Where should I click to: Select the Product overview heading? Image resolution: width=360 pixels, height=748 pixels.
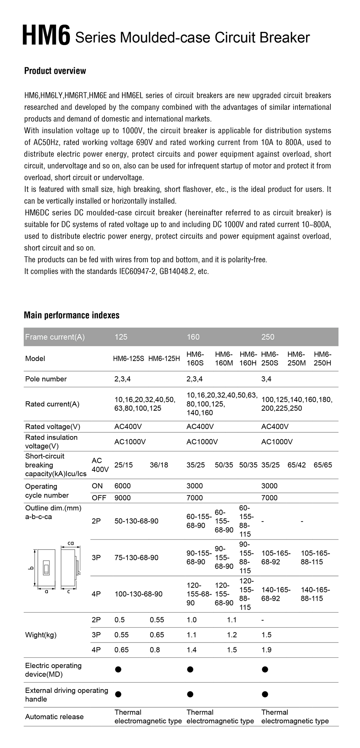point(55,71)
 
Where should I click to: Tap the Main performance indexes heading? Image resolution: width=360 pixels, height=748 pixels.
point(72,315)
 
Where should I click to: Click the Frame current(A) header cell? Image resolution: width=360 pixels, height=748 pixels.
point(55,337)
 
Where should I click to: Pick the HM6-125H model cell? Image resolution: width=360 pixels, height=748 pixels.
point(164,359)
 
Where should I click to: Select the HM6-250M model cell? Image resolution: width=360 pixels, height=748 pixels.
point(296,359)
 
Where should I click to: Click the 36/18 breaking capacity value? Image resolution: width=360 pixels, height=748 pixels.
point(159,465)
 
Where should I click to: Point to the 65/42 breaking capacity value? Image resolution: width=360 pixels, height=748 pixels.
point(296,465)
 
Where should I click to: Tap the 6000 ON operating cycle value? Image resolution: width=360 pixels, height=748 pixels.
point(122,486)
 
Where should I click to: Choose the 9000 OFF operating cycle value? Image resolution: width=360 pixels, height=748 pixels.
point(122,498)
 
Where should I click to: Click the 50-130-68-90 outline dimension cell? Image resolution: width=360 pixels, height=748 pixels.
point(136,521)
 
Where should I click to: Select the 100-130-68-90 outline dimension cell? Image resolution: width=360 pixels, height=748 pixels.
point(138,594)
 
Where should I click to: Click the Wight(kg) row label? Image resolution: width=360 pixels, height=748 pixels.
point(41,635)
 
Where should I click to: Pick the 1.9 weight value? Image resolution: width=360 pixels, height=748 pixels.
point(266,650)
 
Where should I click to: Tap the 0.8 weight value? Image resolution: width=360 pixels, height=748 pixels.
point(155,650)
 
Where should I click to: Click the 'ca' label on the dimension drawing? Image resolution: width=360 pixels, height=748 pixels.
point(71,543)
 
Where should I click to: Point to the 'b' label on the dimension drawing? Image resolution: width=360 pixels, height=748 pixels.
point(31,569)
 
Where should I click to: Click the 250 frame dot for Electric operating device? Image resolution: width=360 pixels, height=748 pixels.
point(265,670)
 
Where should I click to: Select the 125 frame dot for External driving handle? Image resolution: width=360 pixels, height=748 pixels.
point(118,694)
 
